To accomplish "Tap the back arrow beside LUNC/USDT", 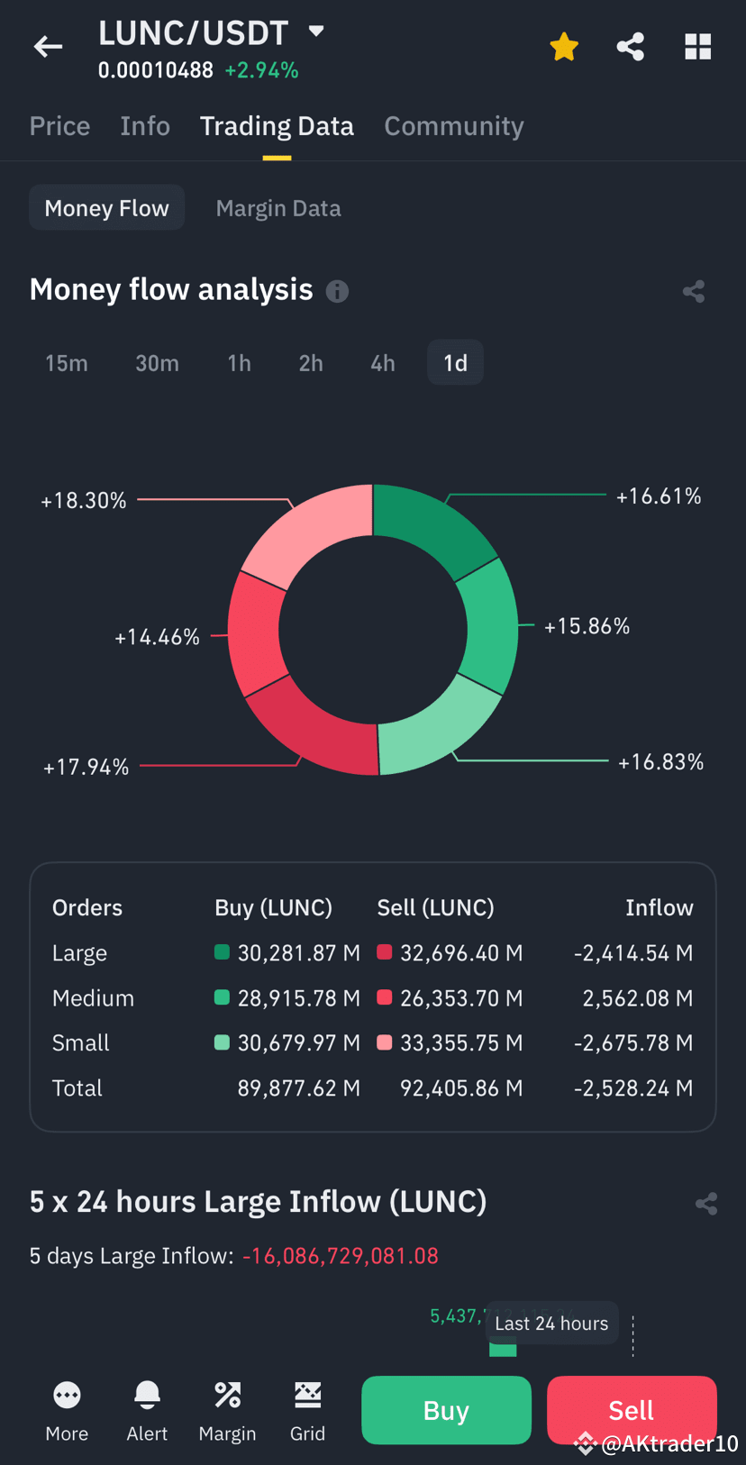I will (x=48, y=46).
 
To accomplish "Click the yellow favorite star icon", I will (x=564, y=47).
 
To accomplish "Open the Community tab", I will (x=453, y=126).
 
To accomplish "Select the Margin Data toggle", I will (x=277, y=208).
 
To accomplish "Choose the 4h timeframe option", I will (x=382, y=363).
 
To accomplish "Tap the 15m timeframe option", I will (x=67, y=363).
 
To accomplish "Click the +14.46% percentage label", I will (x=157, y=637).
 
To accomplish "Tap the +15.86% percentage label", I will (x=587, y=626).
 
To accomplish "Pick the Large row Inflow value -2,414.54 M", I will (x=632, y=953).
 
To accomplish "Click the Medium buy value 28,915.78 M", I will (x=298, y=998).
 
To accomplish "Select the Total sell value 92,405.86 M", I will (x=460, y=1088).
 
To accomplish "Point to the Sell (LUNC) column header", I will (x=435, y=907).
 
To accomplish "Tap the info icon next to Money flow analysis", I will (x=337, y=291).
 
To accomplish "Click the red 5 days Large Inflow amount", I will (x=340, y=1256).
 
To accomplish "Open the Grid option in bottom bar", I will (x=307, y=1410).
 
